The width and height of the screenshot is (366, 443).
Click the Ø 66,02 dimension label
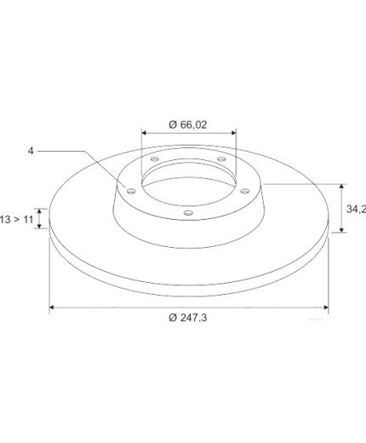[x=188, y=124]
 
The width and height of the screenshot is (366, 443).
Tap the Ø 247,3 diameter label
[x=188, y=318]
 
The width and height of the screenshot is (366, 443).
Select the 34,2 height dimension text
[x=356, y=209]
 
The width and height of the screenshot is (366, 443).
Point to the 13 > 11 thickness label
[x=17, y=219]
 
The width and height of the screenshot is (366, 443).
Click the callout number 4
[x=31, y=151]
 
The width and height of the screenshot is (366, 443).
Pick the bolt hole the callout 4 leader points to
[x=131, y=191]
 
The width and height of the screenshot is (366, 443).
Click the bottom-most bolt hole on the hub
[x=188, y=212]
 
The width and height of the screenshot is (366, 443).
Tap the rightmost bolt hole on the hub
[x=245, y=191]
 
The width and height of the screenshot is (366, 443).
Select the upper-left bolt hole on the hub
[x=154, y=158]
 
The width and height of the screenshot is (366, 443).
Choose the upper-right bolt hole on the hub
[x=221, y=158]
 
